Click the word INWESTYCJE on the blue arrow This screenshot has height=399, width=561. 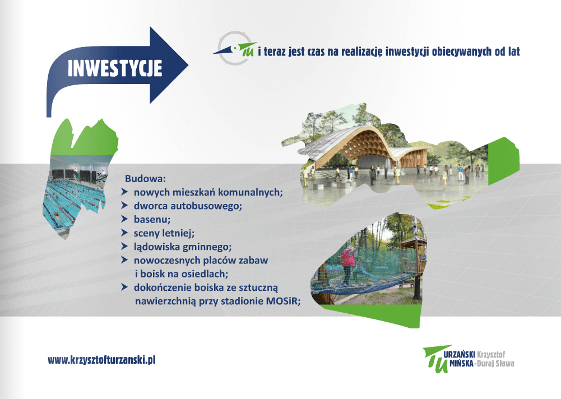tap(114, 68)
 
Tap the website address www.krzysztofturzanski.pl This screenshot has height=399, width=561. tap(101, 360)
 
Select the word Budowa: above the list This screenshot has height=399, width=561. tap(145, 179)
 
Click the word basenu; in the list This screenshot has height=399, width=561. tap(152, 219)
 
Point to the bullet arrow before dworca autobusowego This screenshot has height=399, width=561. tap(124, 206)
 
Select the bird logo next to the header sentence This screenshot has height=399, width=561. tap(235, 48)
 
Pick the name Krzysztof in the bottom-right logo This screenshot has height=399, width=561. tap(491, 355)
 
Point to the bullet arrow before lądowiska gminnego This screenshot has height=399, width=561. tap(124, 246)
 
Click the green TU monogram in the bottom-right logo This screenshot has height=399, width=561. tap(436, 359)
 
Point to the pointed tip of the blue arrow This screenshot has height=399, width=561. tap(188, 65)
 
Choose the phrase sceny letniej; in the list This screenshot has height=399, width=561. tap(164, 233)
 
